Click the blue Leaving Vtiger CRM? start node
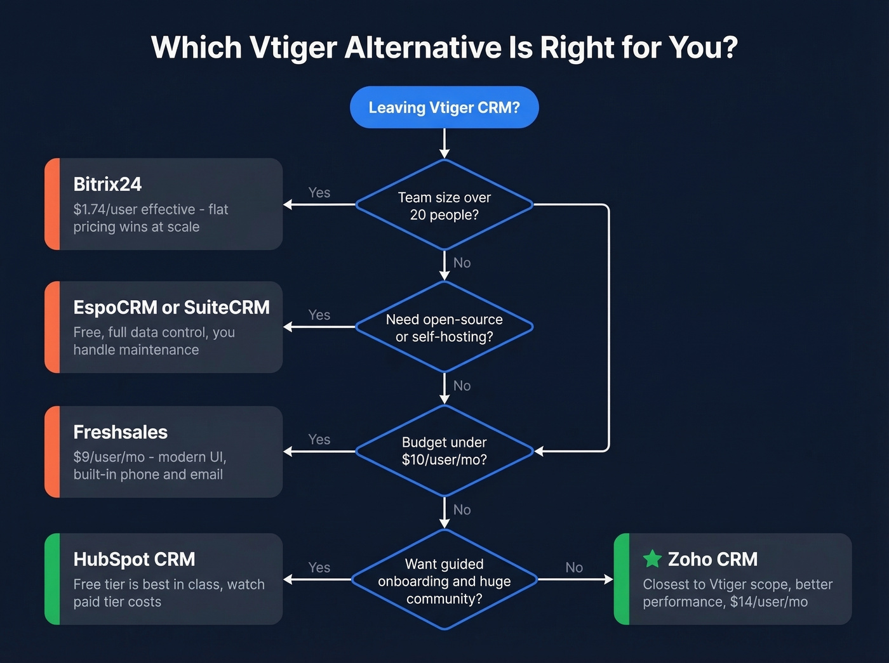pos(444,107)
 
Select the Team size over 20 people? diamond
pos(444,206)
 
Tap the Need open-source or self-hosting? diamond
pos(444,327)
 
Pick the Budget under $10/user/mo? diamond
pos(444,451)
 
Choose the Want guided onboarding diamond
pos(444,581)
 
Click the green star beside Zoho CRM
pos(652,559)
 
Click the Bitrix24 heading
pos(107,184)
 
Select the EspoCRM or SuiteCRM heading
pos(171,307)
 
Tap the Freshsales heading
pos(120,432)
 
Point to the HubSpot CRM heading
pos(134,559)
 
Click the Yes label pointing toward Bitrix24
pos(319,192)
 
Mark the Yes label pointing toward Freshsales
pos(319,439)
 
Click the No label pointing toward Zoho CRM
pos(574,567)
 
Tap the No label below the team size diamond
pos(462,263)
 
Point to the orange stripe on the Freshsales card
pos(52,452)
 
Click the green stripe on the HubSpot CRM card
pos(52,579)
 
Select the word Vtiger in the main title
pos(293,48)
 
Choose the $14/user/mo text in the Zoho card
pos(769,601)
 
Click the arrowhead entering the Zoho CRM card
pos(608,579)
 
